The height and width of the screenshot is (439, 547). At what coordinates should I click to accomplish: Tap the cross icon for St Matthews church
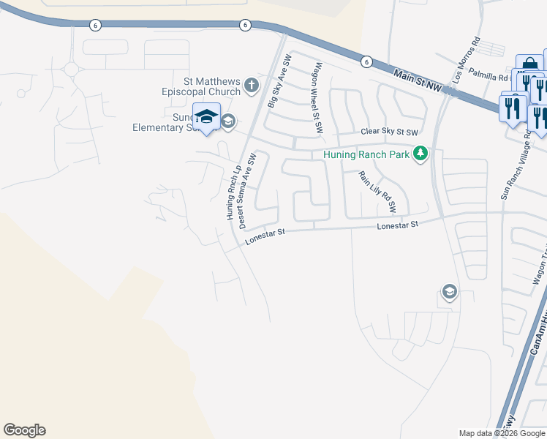[x=251, y=86]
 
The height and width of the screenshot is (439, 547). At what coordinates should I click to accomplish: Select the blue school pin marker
[x=207, y=118]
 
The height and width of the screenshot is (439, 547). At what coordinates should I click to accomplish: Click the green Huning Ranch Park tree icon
[x=420, y=154]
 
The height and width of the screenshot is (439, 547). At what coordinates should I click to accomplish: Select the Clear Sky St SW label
[x=389, y=132]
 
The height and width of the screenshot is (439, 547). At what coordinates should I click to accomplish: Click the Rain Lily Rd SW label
[x=377, y=192]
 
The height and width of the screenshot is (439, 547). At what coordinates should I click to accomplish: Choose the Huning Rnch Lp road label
[x=233, y=192]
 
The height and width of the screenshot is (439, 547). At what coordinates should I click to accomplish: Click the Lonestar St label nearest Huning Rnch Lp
[x=263, y=235]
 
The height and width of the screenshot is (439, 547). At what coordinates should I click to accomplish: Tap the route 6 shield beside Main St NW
[x=366, y=62]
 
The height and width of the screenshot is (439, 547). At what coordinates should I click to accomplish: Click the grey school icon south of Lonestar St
[x=448, y=293]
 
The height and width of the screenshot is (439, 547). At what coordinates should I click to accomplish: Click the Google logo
[x=24, y=430]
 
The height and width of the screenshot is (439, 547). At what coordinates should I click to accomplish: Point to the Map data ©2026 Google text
[x=502, y=433]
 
